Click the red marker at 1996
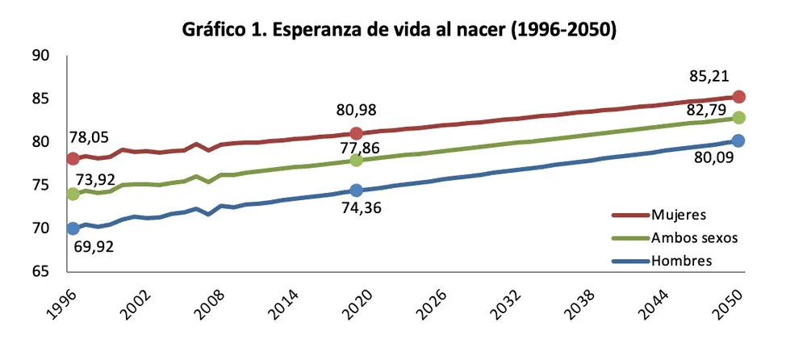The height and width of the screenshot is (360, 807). [x=73, y=158]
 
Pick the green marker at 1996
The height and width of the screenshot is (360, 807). [x=73, y=194]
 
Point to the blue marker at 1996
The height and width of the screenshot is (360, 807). [x=73, y=228]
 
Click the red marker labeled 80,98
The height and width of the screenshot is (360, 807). [x=356, y=132]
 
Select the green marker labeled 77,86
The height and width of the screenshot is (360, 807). [x=356, y=160]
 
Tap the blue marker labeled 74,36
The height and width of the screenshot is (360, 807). [x=356, y=190]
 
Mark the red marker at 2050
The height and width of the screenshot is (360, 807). [x=738, y=96]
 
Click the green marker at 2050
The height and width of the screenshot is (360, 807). [x=738, y=117]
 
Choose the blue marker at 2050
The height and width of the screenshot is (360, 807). [x=738, y=140]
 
